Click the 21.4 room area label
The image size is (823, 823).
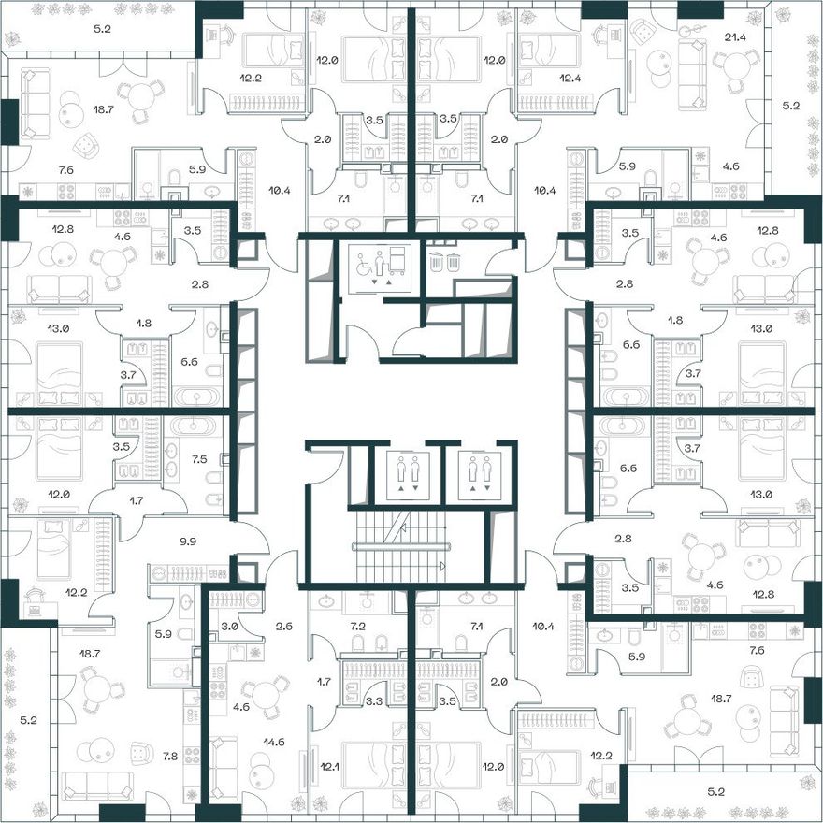[735, 37]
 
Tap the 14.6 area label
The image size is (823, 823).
[274, 742]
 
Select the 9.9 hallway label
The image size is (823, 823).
[188, 541]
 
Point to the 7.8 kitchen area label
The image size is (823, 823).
[170, 756]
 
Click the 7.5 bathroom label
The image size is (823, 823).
[199, 459]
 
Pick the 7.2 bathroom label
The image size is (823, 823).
[358, 627]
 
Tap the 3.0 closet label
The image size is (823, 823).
[229, 627]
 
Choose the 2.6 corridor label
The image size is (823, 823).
[284, 627]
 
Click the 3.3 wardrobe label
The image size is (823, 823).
[374, 700]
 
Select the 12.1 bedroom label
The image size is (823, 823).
[329, 767]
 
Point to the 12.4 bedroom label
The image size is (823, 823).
[570, 79]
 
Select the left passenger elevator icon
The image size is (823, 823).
[408, 475]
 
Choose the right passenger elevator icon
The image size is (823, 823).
[479, 475]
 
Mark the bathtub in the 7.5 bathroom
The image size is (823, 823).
[194, 426]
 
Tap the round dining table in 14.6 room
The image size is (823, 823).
[267, 696]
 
